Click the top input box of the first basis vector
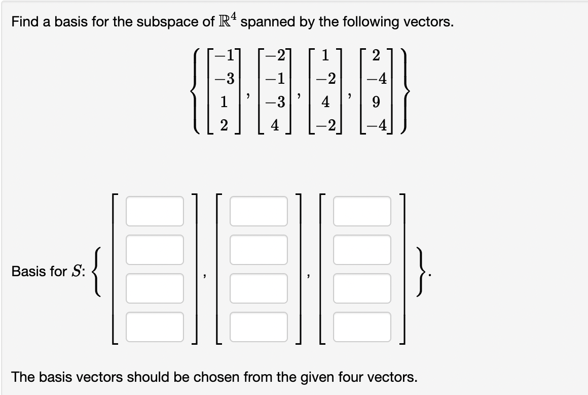[155, 211]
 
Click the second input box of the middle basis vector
[259, 249]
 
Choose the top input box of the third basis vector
[362, 211]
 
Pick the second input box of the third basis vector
[362, 249]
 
